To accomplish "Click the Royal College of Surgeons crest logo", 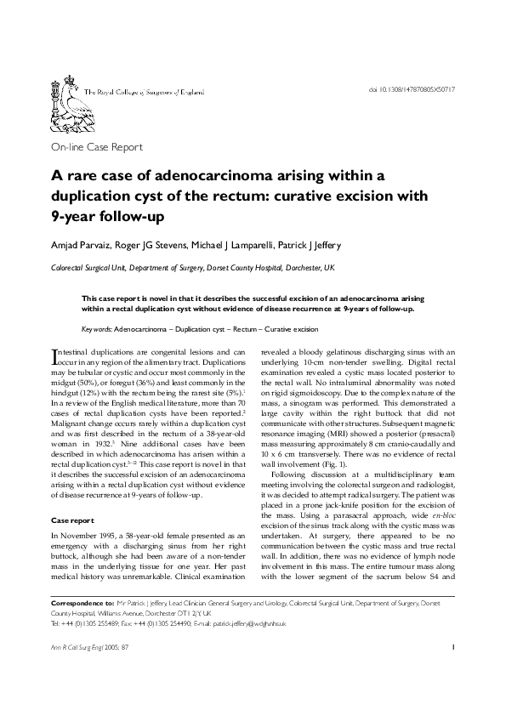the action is (65, 90).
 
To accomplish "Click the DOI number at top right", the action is (412, 88).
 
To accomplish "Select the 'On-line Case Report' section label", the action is (97, 147).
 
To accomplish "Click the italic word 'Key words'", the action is (96, 328).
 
